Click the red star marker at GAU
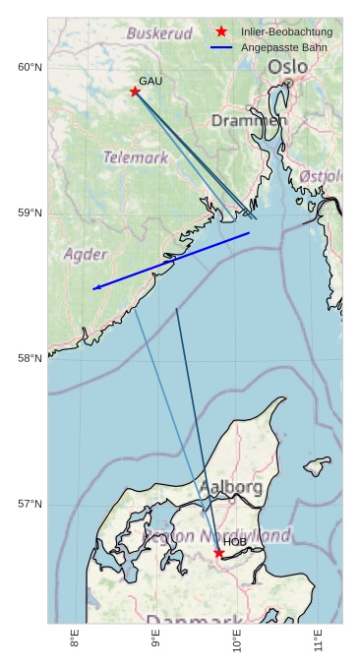(x=135, y=91)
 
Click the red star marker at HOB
(x=219, y=553)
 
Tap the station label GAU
(x=150, y=81)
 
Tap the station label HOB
(x=235, y=541)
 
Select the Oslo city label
(x=287, y=66)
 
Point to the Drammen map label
(x=249, y=120)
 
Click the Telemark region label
(x=136, y=156)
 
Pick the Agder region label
(x=86, y=254)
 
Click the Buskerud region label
(x=159, y=33)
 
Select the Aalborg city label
(x=231, y=487)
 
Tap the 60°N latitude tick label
(x=30, y=67)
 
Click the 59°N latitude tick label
(x=30, y=213)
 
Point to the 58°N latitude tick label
(x=30, y=358)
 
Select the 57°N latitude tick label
(x=30, y=504)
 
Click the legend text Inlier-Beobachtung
(x=286, y=31)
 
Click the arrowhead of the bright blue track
(x=94, y=288)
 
